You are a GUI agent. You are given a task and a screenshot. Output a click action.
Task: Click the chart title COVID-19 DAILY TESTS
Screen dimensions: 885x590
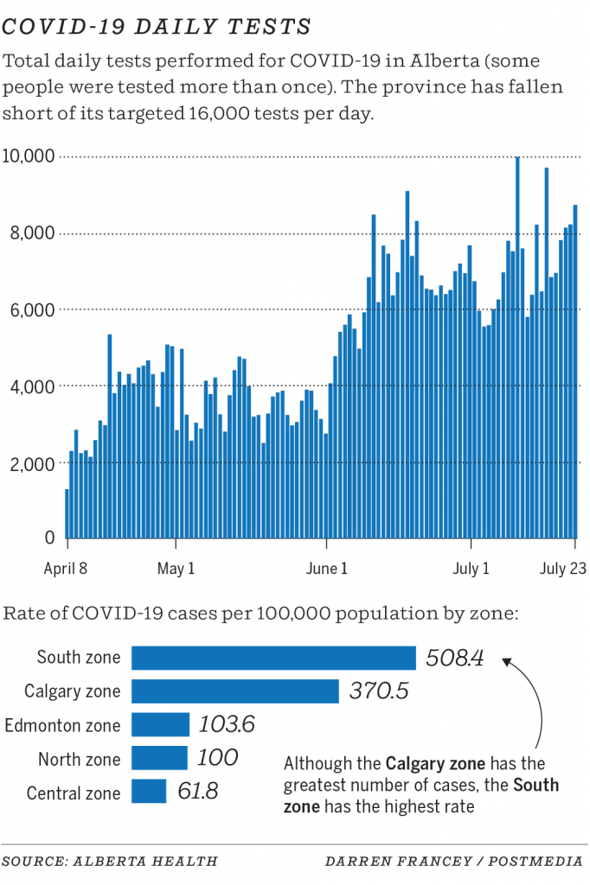click(157, 27)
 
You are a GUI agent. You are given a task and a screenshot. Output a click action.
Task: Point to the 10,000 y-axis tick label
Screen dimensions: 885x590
click(29, 156)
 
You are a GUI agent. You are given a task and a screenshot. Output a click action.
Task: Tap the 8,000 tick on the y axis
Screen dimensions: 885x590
click(32, 233)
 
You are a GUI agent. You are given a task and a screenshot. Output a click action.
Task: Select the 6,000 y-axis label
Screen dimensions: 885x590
click(32, 309)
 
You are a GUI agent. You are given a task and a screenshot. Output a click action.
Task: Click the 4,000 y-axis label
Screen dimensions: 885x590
click(32, 386)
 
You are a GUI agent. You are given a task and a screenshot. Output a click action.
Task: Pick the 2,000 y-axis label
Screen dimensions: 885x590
click(32, 463)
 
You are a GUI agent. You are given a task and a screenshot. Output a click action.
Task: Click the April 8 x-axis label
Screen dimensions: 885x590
click(67, 569)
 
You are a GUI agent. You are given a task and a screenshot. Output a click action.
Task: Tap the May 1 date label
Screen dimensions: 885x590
click(176, 569)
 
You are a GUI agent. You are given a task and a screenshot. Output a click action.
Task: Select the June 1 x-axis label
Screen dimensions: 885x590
click(326, 569)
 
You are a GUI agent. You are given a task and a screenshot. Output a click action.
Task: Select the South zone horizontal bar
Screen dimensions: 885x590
click(273, 658)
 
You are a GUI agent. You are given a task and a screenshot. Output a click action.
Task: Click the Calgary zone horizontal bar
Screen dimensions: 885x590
click(234, 691)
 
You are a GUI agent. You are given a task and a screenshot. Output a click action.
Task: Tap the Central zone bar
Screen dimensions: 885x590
click(149, 792)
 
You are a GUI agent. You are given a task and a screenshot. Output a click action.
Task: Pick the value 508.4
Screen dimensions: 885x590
click(455, 659)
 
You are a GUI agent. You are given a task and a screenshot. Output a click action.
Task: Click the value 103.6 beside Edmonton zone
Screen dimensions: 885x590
click(227, 724)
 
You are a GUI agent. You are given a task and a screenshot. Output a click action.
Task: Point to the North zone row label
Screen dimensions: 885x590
click(80, 759)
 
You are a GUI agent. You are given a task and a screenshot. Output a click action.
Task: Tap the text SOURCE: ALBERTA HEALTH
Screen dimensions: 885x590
click(110, 861)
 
